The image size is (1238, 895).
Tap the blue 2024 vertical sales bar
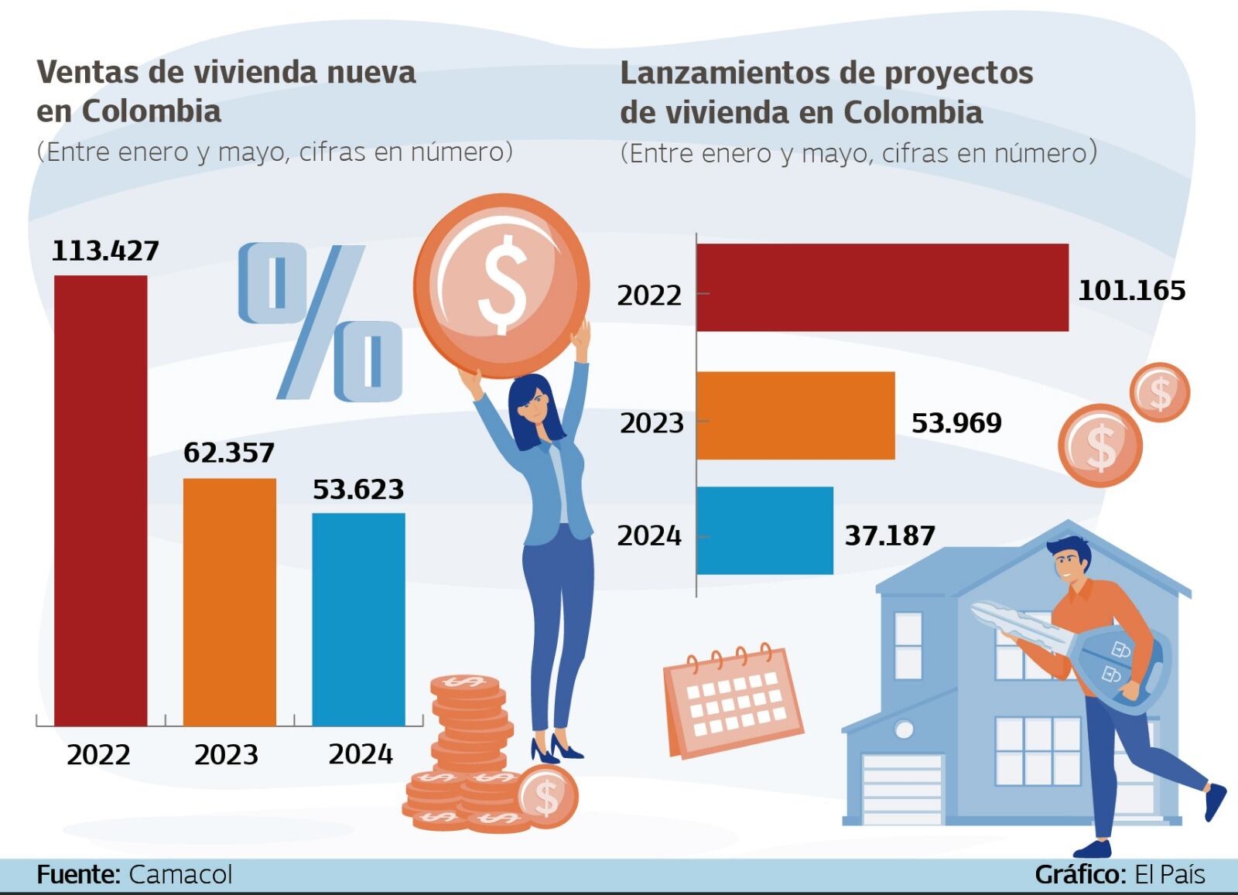[x=358, y=619]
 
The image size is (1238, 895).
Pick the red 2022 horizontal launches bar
[x=882, y=288]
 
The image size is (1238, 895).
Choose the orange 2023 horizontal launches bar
[x=795, y=415]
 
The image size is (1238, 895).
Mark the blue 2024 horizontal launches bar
[x=764, y=531]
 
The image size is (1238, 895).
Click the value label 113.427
[x=105, y=251]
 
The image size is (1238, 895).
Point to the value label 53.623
[x=358, y=489]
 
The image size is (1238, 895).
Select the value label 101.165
[x=1131, y=290]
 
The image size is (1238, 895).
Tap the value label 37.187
[x=890, y=535]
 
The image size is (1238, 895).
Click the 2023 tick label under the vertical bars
[x=226, y=754]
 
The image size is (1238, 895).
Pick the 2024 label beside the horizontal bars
[x=649, y=535]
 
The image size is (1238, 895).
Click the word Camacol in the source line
[x=180, y=874]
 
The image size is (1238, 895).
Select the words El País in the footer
[x=1169, y=874]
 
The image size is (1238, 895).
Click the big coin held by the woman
[x=501, y=285]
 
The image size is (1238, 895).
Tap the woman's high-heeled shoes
[x=556, y=749]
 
